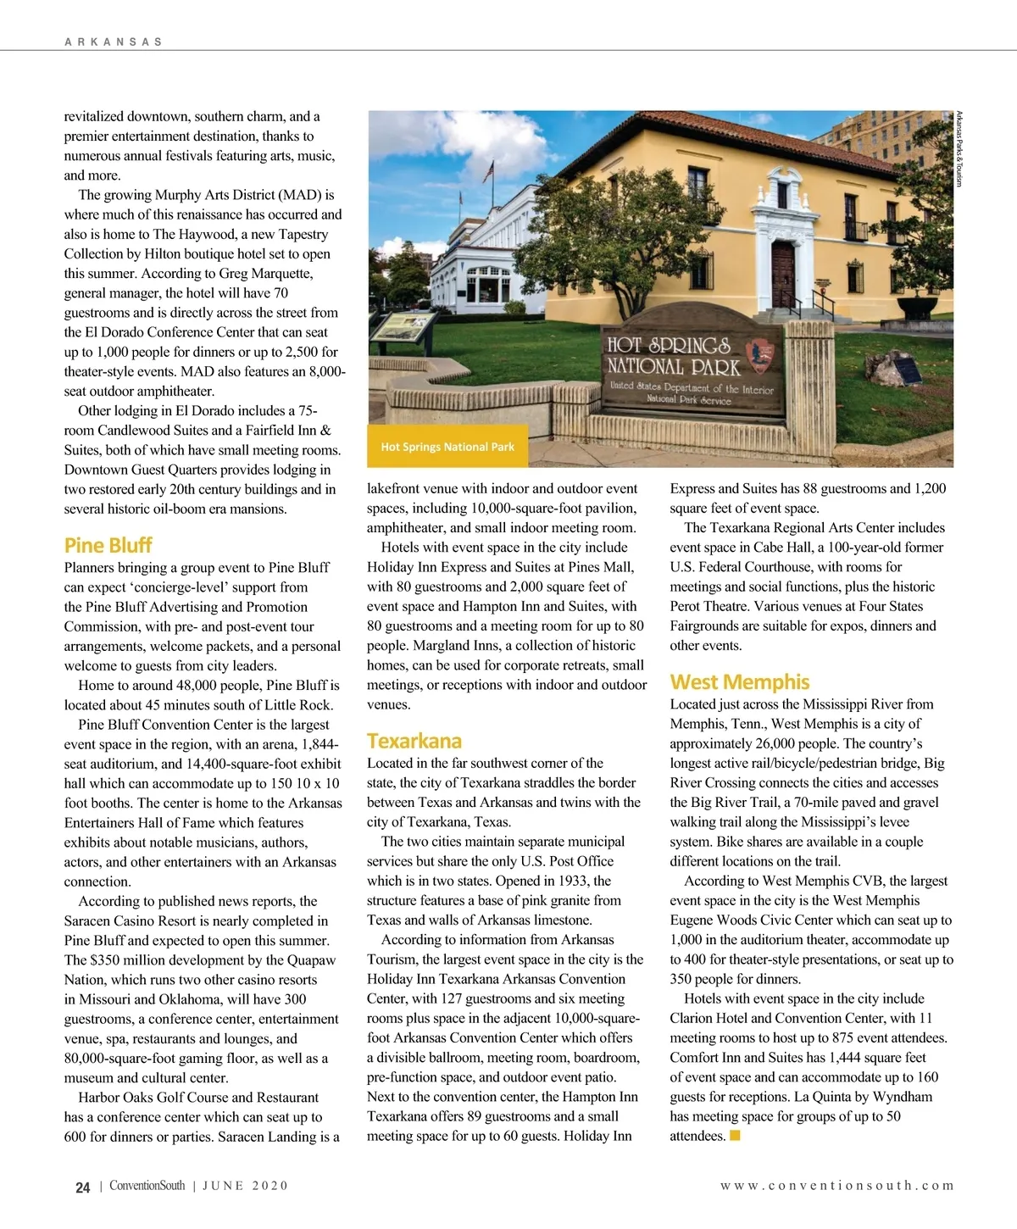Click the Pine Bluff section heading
(108, 545)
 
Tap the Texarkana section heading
(414, 741)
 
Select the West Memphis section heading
(739, 682)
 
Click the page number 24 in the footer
(82, 1187)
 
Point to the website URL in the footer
(836, 1186)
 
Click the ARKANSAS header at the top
(113, 42)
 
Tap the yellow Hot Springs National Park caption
(447, 447)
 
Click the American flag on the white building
(489, 171)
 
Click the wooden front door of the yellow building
(783, 275)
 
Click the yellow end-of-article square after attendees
(735, 1135)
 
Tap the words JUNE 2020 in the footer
(245, 1186)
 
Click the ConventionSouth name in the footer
(147, 1186)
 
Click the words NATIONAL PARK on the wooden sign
(673, 367)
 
